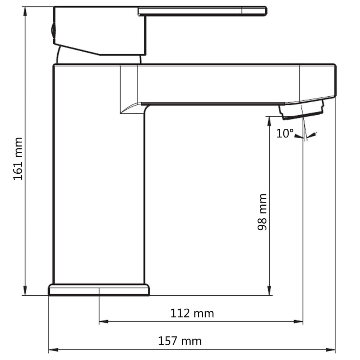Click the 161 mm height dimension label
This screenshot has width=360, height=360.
coord(18,159)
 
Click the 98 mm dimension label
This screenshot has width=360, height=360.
coord(262,212)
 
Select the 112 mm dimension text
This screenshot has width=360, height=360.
coord(192,313)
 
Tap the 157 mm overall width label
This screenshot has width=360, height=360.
coord(180,341)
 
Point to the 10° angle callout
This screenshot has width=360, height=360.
coord(284,134)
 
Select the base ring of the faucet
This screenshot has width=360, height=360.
coord(99,290)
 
